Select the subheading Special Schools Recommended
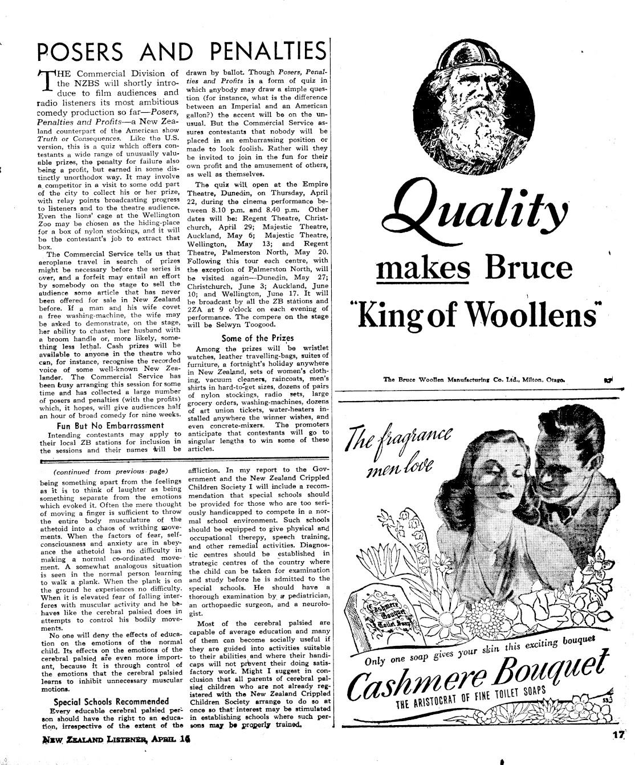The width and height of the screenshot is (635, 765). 111,701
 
